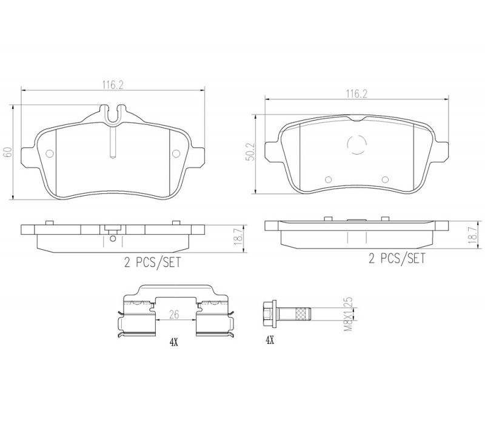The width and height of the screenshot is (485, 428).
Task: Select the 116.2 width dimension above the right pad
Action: (x=356, y=94)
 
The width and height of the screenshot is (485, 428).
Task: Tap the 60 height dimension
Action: (x=8, y=152)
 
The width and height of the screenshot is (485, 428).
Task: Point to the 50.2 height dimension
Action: (x=251, y=152)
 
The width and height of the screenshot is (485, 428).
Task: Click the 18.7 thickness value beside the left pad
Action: (x=238, y=237)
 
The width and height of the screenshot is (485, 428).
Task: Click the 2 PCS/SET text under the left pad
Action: (x=152, y=262)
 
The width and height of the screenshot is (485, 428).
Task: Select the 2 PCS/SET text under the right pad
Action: (x=397, y=258)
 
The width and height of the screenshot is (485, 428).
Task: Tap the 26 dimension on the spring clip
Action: (x=175, y=314)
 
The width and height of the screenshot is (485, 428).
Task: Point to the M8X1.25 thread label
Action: (x=349, y=314)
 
